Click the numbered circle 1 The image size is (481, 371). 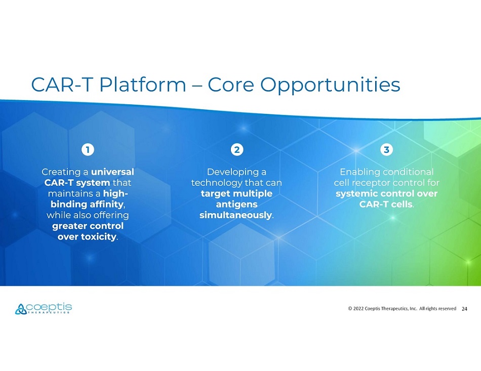(88, 150)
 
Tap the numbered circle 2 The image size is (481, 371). (237, 150)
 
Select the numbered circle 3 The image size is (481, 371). (386, 150)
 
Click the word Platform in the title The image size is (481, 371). (143, 85)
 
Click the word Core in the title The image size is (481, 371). (231, 85)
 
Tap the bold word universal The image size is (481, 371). (112, 172)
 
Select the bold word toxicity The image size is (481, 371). (98, 237)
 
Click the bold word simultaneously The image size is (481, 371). (235, 215)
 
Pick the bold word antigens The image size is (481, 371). (236, 204)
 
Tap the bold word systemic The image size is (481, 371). (356, 194)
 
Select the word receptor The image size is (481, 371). (371, 183)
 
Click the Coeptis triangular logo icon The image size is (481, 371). (21, 309)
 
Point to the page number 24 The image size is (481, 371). (464, 309)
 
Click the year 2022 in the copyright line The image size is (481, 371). (358, 308)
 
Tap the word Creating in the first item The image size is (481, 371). (61, 172)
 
